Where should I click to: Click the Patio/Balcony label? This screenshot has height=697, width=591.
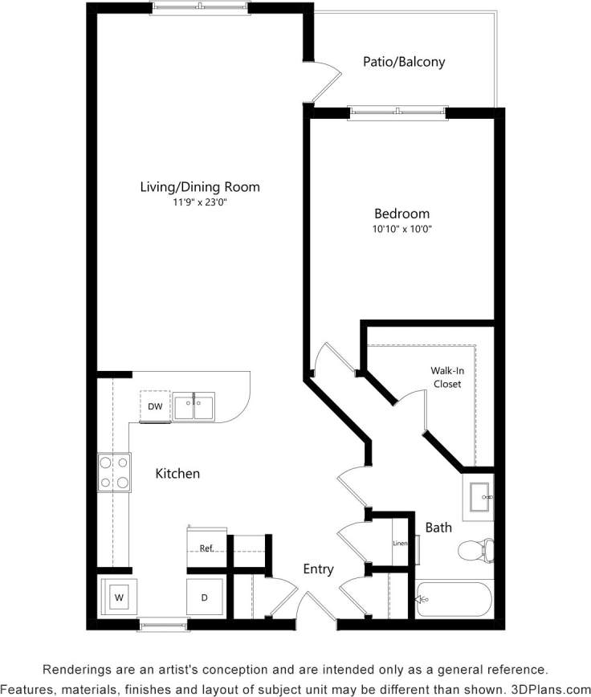403,62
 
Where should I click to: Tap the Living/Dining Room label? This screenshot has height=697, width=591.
200,187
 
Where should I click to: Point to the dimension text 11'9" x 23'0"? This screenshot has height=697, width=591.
200,202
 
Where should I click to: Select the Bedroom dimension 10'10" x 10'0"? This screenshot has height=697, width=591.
401,229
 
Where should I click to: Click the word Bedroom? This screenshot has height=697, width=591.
401,214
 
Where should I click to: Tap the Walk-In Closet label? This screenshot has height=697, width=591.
447,377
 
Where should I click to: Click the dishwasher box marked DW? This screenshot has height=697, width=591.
155,406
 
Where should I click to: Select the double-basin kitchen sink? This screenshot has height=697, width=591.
194,406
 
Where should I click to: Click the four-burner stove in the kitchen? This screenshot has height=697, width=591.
114,472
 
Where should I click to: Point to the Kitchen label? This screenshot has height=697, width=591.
177,474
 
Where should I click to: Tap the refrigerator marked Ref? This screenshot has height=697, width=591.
206,548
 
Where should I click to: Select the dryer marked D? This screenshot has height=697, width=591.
204,597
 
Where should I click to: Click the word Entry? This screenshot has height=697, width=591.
318,569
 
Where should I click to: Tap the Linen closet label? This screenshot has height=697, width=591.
400,544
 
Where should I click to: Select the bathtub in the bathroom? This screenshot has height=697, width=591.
454,598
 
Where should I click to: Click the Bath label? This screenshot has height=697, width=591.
438,528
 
